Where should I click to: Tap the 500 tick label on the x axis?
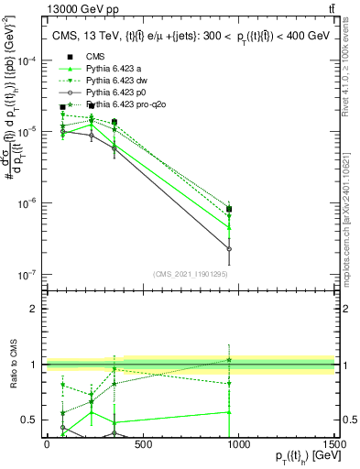pyautogui.click(x=142, y=443)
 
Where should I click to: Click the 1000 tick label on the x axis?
pyautogui.click(x=238, y=443)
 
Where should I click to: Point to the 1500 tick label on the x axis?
pyautogui.click(x=334, y=443)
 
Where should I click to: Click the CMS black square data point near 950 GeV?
pyautogui.click(x=229, y=210)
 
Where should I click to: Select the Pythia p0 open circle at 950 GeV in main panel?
pyautogui.click(x=229, y=249)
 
